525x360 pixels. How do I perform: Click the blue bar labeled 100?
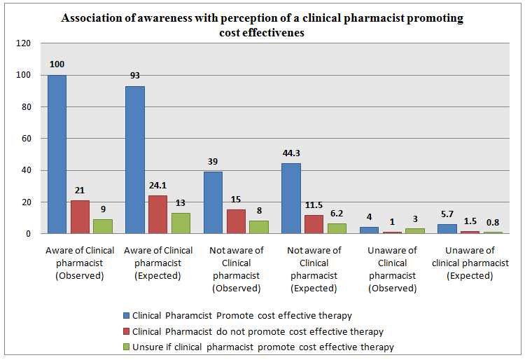point(57,154)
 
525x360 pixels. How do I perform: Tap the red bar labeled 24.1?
point(157,214)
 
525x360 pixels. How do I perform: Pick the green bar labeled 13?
point(181,223)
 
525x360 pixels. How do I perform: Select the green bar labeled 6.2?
point(337,228)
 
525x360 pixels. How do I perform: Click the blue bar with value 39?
point(213,202)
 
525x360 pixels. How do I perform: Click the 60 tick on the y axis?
point(27,139)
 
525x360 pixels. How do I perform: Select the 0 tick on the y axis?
point(29,234)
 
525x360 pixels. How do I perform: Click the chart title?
point(262,25)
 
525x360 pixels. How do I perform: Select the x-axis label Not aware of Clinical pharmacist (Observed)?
point(236,269)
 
